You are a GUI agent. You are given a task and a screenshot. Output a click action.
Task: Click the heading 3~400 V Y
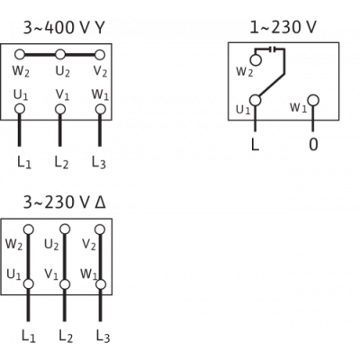64,28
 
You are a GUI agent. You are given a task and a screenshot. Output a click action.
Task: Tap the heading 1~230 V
283,27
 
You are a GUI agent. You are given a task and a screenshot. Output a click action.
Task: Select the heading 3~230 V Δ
65,202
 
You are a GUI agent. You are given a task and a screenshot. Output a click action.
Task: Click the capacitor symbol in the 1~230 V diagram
274,49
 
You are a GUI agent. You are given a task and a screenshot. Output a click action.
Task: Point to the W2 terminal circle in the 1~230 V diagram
256,60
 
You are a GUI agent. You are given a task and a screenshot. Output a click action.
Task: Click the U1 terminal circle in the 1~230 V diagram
256,100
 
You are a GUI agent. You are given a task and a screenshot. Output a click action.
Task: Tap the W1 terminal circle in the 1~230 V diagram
313,100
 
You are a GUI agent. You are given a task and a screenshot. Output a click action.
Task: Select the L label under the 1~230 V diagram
255,145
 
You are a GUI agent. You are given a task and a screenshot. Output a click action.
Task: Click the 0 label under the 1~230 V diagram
313,145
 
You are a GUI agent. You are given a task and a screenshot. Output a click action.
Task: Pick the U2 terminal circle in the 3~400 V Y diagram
60,55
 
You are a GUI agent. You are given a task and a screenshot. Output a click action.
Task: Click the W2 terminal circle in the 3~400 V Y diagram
20,55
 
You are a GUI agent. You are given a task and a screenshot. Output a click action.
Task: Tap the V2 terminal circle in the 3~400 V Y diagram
100,55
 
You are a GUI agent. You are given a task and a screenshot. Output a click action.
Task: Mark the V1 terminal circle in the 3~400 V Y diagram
60,109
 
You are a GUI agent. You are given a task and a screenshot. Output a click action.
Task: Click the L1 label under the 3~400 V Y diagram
24,163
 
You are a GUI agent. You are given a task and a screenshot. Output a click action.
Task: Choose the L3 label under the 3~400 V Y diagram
99,163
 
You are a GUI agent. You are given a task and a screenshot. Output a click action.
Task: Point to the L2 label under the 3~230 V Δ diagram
66,336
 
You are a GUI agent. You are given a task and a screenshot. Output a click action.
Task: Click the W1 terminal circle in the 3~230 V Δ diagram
101,284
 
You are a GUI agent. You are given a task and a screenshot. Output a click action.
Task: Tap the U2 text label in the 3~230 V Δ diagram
51,245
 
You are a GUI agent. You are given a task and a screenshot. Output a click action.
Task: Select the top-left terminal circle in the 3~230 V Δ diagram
29,229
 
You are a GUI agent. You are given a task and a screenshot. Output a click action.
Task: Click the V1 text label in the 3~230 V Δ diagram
51,274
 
